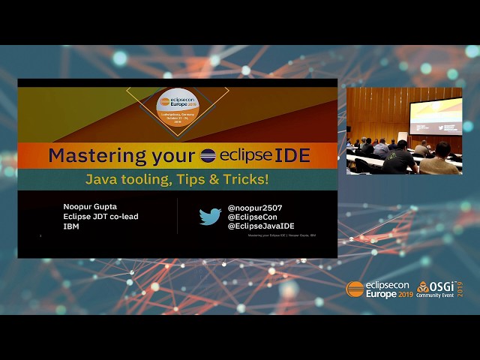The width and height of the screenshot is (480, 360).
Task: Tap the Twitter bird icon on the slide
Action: pyautogui.click(x=210, y=217)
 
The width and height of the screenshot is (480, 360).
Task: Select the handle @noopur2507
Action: pyautogui.click(x=254, y=208)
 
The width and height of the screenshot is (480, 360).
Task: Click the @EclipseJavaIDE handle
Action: pyautogui.click(x=261, y=226)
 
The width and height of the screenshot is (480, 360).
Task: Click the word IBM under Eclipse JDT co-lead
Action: pyautogui.click(x=72, y=226)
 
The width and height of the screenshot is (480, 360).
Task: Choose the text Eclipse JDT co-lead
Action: pyautogui.click(x=101, y=217)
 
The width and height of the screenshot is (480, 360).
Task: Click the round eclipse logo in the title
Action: pyautogui.click(x=208, y=155)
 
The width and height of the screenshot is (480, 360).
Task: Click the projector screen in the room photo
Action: pyautogui.click(x=435, y=117)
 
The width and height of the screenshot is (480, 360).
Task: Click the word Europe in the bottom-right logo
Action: pyautogui.click(x=380, y=295)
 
